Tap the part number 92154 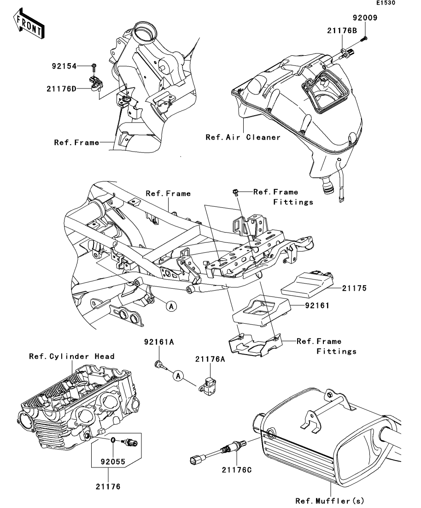[64, 66]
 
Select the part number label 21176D [61, 89]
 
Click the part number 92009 [365, 18]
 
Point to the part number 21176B [342, 31]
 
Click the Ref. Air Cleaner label [243, 137]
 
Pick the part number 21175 [354, 288]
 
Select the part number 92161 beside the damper [317, 305]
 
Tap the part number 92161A [159, 342]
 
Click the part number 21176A [210, 359]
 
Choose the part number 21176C [237, 470]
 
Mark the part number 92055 [113, 461]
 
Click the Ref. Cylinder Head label [71, 356]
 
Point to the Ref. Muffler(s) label [330, 501]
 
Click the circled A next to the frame [171, 306]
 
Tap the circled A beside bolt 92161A [178, 376]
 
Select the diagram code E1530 [386, 3]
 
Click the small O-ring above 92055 [113, 440]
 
